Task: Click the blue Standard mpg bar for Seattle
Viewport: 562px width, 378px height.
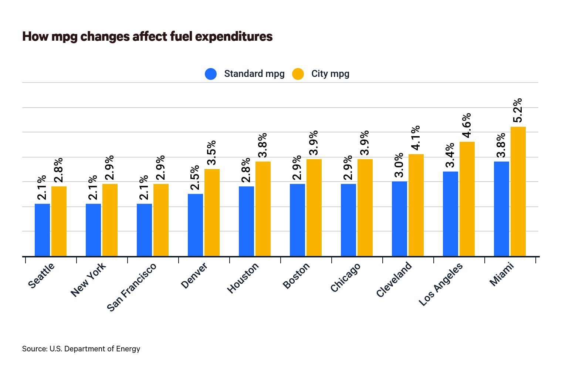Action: click(x=42, y=230)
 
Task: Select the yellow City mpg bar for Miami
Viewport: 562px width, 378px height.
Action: click(x=518, y=191)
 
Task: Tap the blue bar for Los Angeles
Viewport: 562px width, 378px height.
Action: click(x=450, y=214)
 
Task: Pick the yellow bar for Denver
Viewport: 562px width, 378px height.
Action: click(x=212, y=212)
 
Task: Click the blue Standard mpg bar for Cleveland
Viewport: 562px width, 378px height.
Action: click(x=399, y=219)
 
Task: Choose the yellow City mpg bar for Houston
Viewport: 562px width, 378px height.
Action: click(x=263, y=209)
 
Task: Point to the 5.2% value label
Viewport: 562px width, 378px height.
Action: click(x=518, y=110)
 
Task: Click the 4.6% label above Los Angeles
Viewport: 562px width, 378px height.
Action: click(x=467, y=125)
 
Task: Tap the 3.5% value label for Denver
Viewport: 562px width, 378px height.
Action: click(x=211, y=152)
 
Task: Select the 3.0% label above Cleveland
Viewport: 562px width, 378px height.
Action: click(x=399, y=165)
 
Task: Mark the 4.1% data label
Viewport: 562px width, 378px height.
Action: click(x=416, y=138)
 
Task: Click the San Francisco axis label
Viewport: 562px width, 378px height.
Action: click(x=132, y=287)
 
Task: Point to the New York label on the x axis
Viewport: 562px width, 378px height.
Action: click(x=88, y=279)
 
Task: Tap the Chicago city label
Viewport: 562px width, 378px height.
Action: click(x=345, y=277)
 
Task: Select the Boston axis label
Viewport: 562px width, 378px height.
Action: click(x=296, y=276)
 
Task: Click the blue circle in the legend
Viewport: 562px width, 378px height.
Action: click(x=211, y=74)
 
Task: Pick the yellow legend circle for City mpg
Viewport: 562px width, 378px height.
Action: click(x=298, y=74)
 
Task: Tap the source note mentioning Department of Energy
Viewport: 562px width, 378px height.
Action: click(x=81, y=349)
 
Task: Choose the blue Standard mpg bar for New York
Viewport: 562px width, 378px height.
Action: click(x=93, y=230)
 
